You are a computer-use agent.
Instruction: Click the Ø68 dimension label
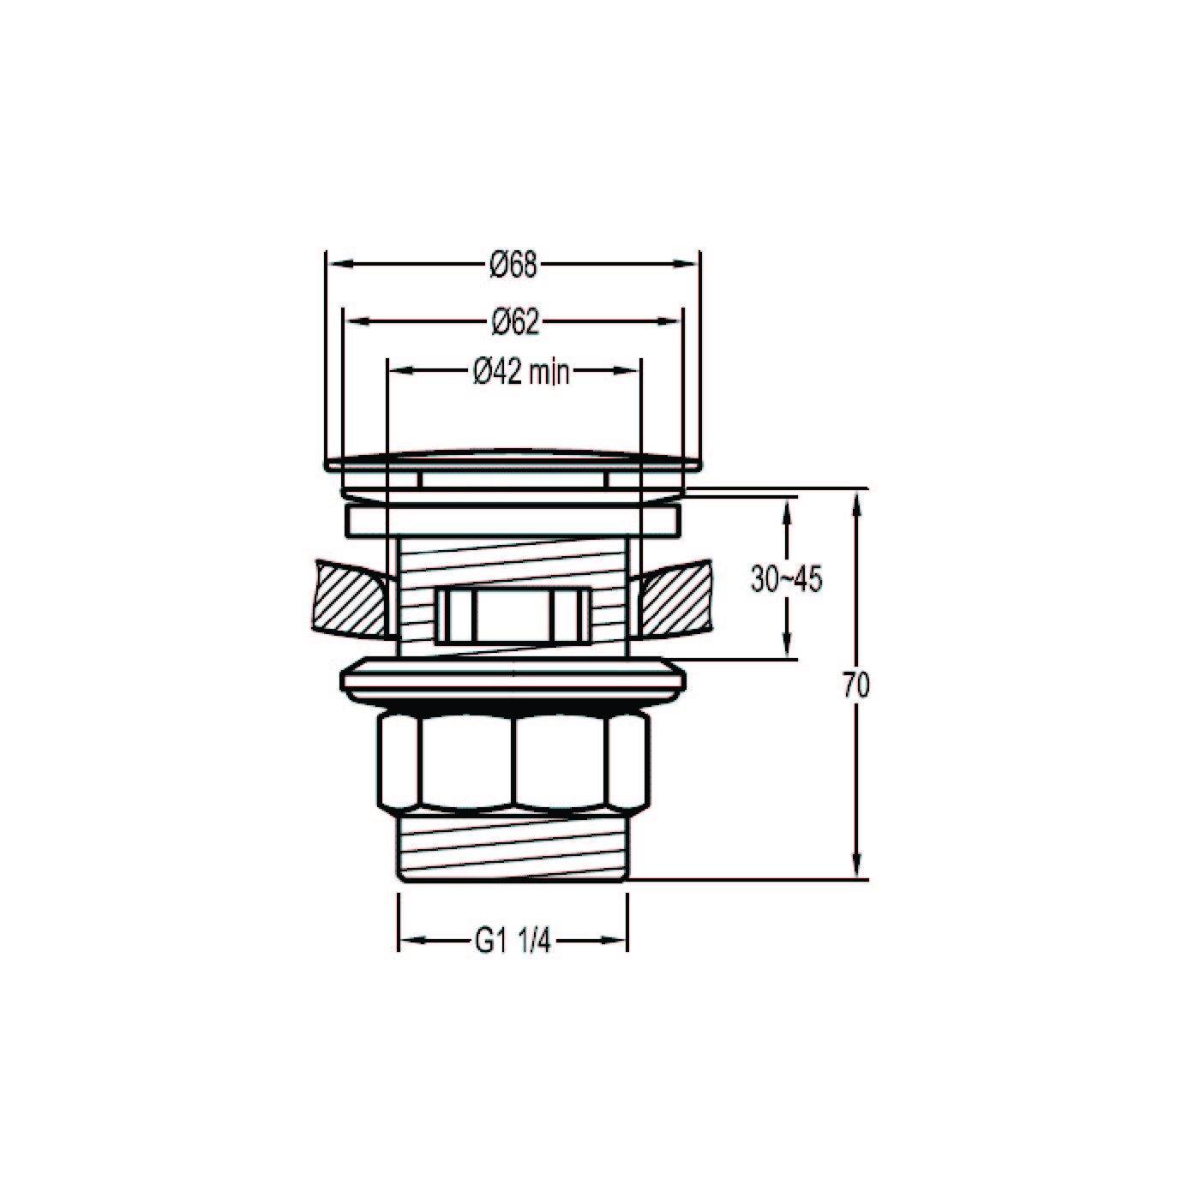513,266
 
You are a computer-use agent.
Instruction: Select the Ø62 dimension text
514,322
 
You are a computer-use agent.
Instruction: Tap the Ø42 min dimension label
521,372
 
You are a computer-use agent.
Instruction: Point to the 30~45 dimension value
786,579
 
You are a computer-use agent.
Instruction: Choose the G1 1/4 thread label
513,942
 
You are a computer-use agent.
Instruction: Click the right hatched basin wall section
673,600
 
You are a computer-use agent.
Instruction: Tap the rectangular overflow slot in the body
513,615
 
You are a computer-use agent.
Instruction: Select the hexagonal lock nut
513,763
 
